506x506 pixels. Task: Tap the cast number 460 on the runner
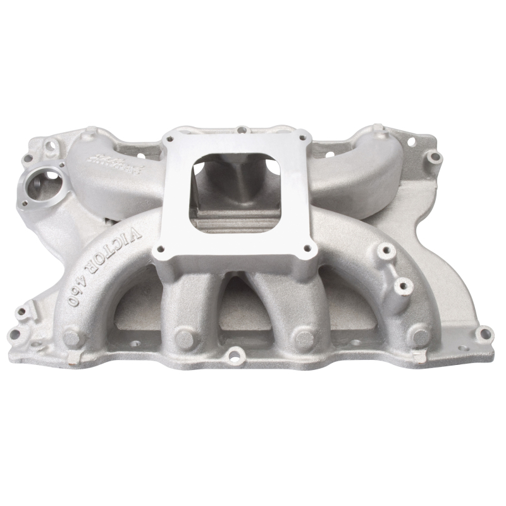(78, 291)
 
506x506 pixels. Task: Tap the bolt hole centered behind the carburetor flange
(241, 130)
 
